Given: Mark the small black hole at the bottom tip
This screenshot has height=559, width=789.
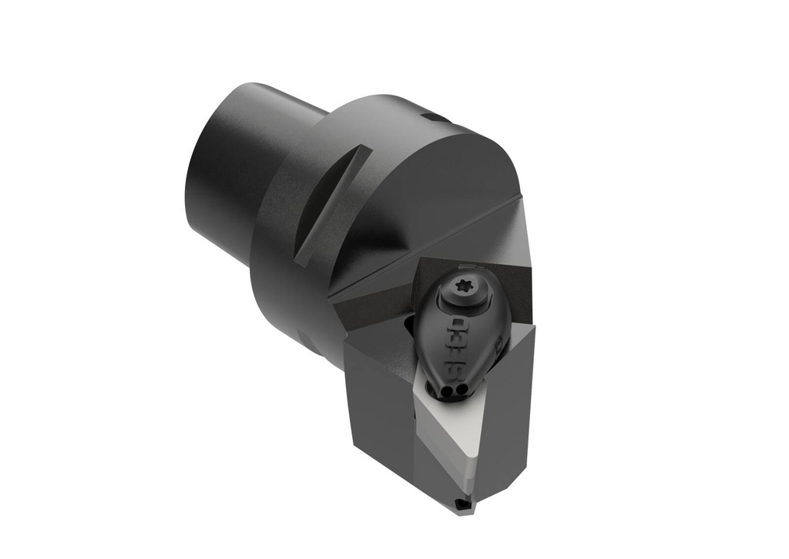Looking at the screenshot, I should [462, 504].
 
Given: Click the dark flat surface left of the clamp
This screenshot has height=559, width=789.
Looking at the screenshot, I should [378, 312].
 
